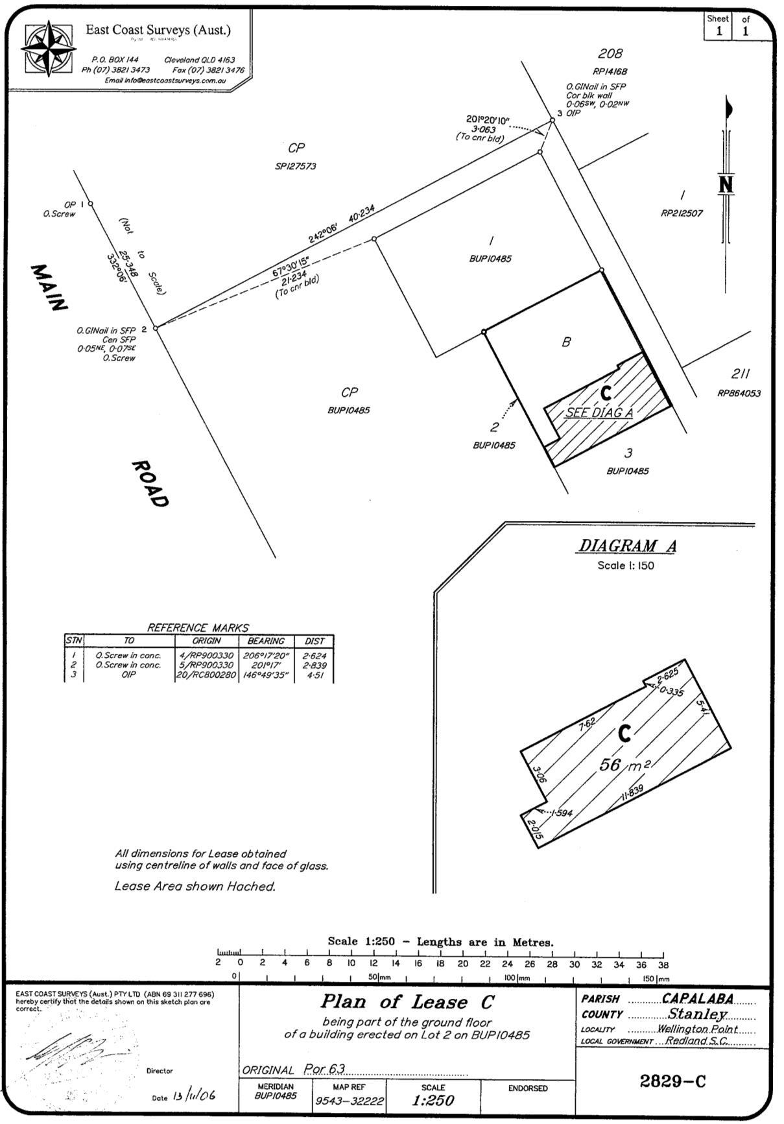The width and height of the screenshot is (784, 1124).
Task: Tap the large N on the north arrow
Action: coord(726,185)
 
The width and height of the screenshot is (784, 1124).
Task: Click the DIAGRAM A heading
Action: coord(626,546)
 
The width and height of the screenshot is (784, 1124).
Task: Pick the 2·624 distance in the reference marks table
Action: coord(315,655)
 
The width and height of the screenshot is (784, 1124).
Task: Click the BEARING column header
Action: coord(266,641)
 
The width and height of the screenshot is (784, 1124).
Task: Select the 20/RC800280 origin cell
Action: coord(206,675)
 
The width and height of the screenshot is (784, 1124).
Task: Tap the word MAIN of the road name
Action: coord(49,287)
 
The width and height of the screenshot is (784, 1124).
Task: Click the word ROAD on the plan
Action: coord(150,484)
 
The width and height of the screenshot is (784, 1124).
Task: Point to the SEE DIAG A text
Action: coord(599,413)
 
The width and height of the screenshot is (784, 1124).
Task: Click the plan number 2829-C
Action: coord(672,1081)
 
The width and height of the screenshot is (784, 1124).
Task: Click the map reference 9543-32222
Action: coord(350,1101)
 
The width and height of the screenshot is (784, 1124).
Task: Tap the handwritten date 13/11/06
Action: coord(194,1096)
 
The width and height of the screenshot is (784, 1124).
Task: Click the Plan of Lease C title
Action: coord(407,1002)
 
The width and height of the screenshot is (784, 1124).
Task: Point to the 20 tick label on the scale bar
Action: coord(462,964)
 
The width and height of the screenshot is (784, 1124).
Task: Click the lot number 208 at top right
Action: coord(610,54)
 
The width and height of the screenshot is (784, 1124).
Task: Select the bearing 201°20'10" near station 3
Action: coord(488,119)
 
